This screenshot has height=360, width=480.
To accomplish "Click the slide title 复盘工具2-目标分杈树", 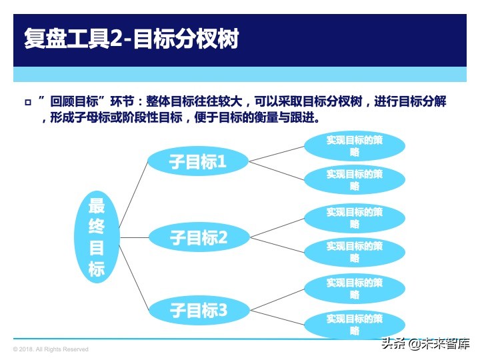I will point(130,38).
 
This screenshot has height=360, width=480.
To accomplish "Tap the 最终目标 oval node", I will point(97,237).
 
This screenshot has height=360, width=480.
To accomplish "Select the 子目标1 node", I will point(198,161).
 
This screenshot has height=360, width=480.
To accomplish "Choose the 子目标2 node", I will point(198,237).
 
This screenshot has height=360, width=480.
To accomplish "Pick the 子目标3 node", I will point(198,310).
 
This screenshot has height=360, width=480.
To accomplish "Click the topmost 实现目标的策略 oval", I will point(355,146).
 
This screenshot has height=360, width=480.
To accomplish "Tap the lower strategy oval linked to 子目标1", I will point(355,180).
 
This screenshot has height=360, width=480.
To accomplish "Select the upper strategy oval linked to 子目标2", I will point(355,218).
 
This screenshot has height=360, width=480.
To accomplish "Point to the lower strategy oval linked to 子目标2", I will point(355,252).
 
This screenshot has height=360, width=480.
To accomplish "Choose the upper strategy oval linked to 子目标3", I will point(355,288).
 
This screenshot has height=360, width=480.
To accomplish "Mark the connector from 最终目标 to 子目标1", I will point(133,194).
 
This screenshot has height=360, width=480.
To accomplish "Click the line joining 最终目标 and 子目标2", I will point(133,237).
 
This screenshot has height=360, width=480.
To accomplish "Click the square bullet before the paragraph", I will point(27,103).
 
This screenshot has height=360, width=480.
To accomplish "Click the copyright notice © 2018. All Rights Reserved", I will point(51,349).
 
